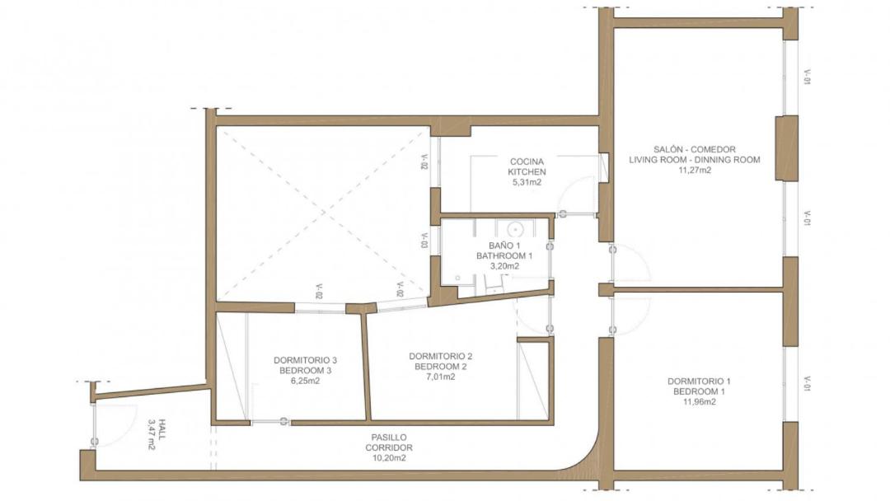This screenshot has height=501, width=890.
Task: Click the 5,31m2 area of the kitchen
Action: pos(527,182)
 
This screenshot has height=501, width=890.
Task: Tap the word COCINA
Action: pos(527,162)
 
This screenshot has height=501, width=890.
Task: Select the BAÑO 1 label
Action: pos(504,246)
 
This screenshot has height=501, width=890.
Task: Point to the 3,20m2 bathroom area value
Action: pos(504,266)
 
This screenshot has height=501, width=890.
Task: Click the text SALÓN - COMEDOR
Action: pos(694,149)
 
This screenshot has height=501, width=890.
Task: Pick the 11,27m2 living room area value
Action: pos(694,170)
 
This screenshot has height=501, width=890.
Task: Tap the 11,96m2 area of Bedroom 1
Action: pos(699,402)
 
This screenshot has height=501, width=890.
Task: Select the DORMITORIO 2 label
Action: pos(440,356)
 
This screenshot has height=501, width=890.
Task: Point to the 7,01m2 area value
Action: pos(440,377)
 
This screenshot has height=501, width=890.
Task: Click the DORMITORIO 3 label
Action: pos(306,360)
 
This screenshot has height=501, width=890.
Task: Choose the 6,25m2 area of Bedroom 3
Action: pos(306,381)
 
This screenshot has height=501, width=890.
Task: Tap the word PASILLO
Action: pos(389,438)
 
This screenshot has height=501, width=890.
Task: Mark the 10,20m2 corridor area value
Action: pos(389,458)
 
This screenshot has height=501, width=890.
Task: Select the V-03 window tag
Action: pos(424,241)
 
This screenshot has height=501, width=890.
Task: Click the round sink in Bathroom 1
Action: pos(514,230)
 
